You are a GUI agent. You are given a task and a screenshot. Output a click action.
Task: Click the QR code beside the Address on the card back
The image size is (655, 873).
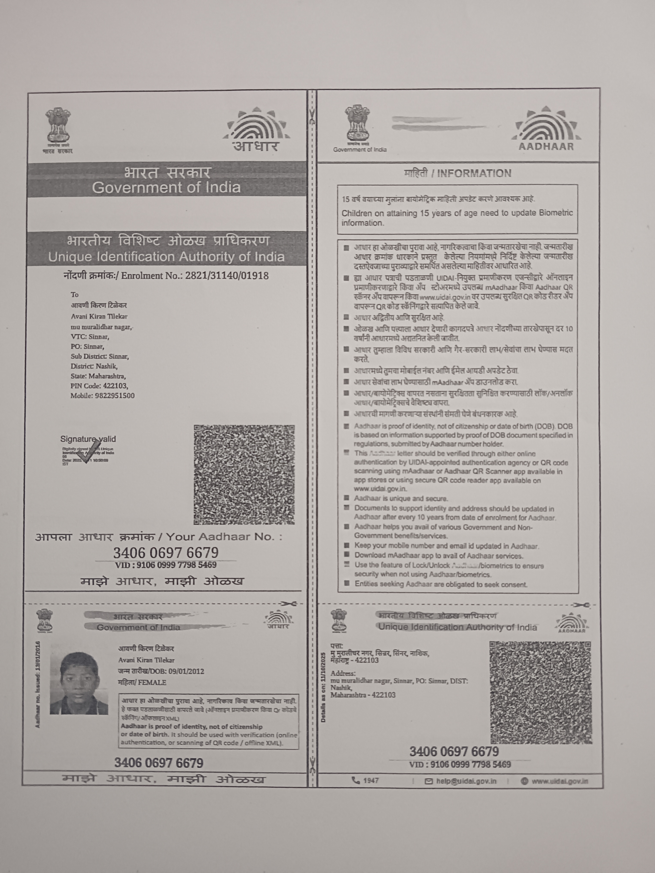(540, 693)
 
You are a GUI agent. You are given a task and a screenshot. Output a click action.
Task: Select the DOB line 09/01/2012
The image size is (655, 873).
(161, 671)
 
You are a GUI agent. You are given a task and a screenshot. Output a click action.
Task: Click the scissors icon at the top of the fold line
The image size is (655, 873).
(312, 116)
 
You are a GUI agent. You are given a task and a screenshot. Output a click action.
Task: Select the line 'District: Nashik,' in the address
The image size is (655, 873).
(94, 366)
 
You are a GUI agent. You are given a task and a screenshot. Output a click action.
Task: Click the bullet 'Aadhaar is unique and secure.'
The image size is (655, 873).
(401, 499)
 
